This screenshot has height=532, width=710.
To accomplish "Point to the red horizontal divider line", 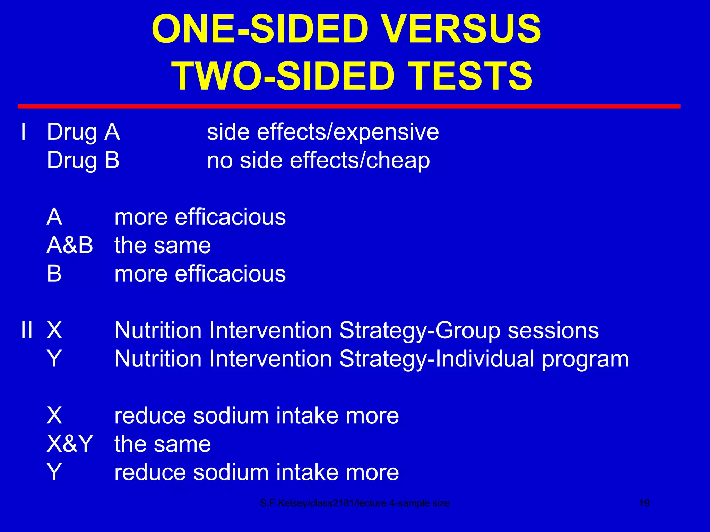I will pos(349,106).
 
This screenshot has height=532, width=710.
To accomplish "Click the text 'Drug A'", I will pos(83,132).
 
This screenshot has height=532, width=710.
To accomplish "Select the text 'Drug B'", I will pos(83,161).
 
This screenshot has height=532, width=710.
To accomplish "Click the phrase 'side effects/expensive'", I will pos(323,132).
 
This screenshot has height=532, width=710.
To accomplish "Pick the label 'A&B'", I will pos(70,246).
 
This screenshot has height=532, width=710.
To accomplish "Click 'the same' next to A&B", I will pos(163,246).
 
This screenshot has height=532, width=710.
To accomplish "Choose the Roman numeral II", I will pos(27,330).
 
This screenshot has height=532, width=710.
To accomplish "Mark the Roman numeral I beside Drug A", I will pos(23,132).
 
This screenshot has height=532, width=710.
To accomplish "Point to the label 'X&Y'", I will pos(70,444).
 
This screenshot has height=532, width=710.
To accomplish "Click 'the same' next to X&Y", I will pos(163,444).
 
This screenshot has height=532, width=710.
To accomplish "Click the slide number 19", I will pos(644,503).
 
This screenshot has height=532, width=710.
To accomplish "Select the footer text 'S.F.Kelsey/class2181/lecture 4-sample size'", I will pos(355,503).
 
